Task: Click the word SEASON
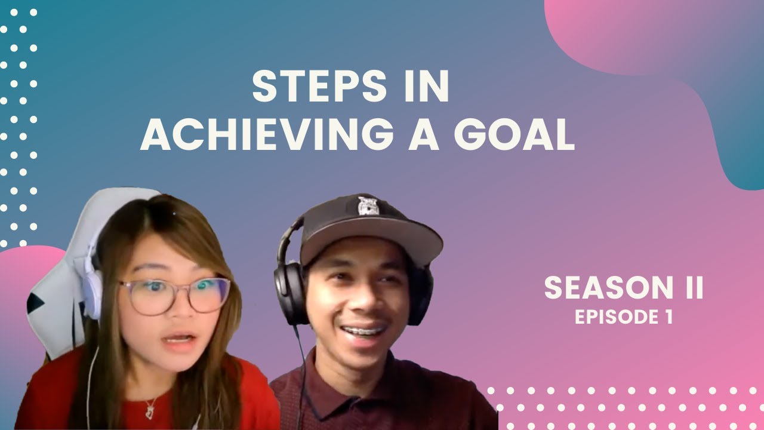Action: tap(602, 288)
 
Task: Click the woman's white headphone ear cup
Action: tap(93, 293)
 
